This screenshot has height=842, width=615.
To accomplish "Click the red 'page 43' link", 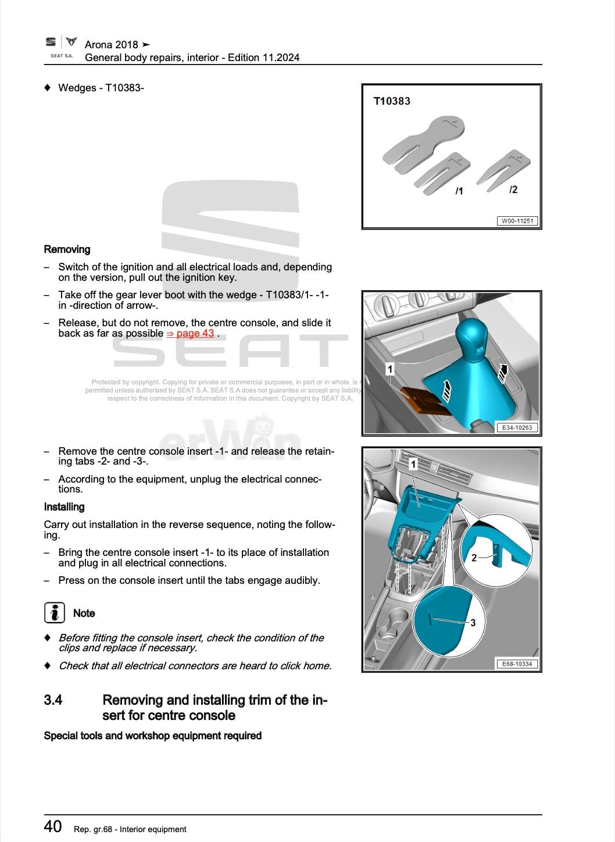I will [x=195, y=333].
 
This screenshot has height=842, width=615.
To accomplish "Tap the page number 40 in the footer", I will [x=53, y=826].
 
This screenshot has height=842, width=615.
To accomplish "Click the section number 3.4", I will [x=53, y=700].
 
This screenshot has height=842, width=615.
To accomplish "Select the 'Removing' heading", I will [x=67, y=249].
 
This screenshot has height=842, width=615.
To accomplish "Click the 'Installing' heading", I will [x=65, y=507].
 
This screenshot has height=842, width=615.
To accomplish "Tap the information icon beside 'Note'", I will [x=54, y=613].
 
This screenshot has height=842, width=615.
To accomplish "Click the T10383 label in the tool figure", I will [x=392, y=101].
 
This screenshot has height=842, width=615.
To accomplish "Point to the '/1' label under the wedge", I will [x=459, y=191].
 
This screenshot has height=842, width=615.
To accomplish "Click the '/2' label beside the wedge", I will [x=513, y=190].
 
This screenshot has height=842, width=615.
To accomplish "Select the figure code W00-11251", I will [x=517, y=221].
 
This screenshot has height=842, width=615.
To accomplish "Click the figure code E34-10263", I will [x=517, y=427].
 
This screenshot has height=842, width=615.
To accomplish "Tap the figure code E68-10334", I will [x=517, y=663].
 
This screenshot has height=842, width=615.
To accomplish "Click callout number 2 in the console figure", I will [x=474, y=558].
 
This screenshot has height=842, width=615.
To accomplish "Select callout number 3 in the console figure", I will [x=473, y=623].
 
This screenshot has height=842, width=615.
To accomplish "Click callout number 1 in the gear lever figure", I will [x=390, y=369].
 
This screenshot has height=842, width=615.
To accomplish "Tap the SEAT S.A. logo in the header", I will [x=61, y=47].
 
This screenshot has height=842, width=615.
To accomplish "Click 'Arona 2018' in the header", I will [x=112, y=45].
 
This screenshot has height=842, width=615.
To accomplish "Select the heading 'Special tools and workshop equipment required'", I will [x=153, y=736].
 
